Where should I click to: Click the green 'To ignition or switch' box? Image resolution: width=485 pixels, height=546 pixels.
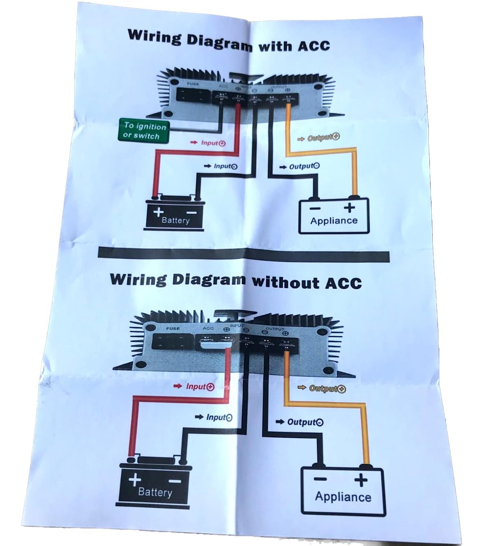pos(144,131)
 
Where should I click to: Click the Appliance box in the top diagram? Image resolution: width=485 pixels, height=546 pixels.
pos(334,216)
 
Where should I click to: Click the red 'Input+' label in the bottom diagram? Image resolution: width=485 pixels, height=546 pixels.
pos(200,387)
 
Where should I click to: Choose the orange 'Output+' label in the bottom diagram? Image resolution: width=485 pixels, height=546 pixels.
pos(327,389)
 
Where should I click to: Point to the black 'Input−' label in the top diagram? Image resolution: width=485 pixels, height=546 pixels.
pos(225,166)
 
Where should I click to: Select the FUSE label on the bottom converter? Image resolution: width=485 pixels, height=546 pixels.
pos(173,328)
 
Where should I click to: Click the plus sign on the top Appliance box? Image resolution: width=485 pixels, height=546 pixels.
pos(349,208)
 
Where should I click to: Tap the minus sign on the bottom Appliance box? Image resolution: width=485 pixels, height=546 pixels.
pos(320,479)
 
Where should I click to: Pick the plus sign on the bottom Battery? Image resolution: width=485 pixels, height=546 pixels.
pos(135,480)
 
